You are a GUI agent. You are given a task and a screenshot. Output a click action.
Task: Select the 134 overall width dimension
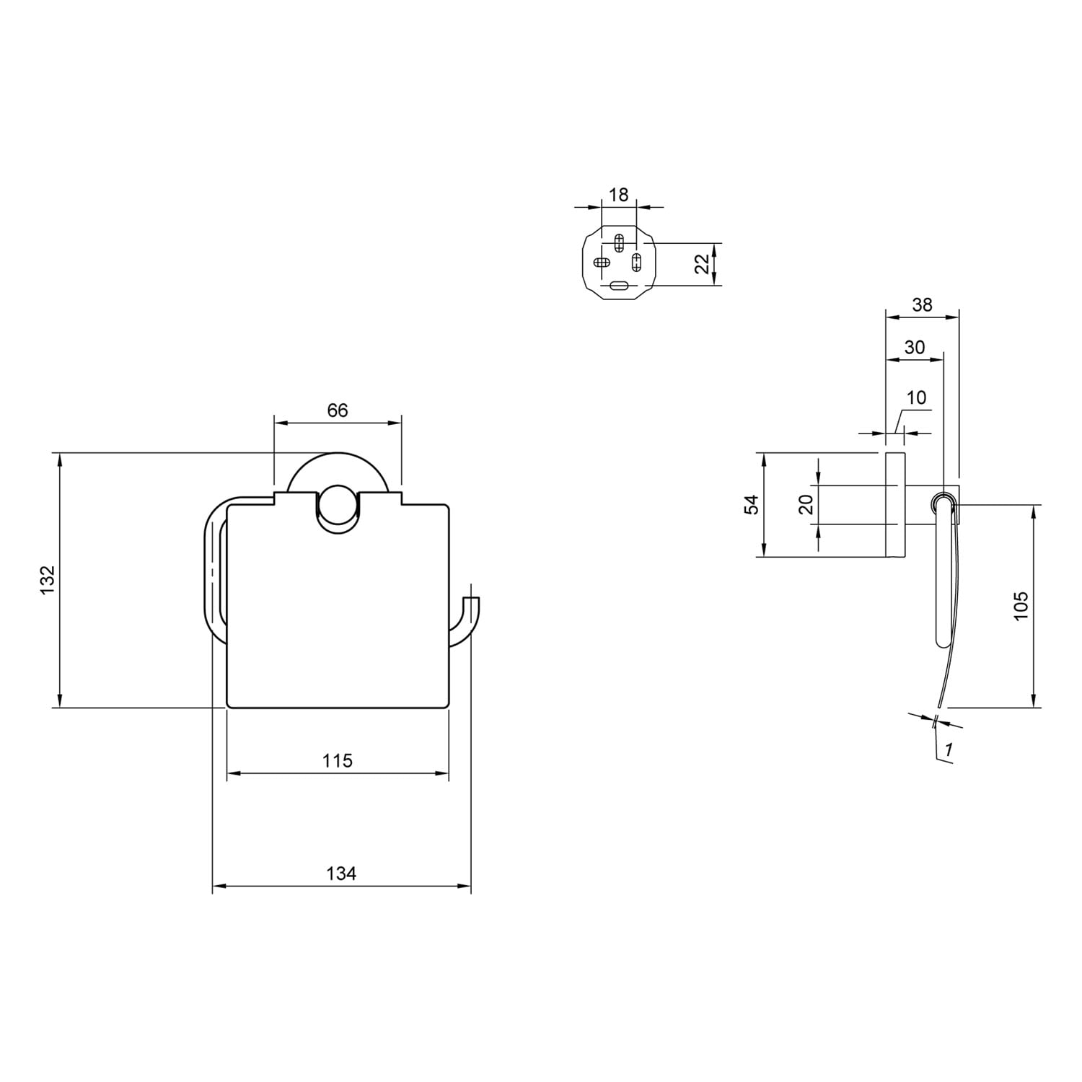click(341, 874)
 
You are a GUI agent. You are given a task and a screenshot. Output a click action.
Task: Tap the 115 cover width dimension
click(338, 760)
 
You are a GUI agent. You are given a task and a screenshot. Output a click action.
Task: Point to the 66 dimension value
click(338, 410)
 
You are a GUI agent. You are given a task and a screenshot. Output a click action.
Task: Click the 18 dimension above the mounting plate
click(619, 195)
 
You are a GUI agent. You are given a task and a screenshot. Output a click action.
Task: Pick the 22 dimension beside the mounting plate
click(702, 264)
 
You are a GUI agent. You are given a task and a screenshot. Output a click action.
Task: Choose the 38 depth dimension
click(922, 304)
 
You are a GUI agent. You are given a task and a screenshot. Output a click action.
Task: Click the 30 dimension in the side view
click(915, 348)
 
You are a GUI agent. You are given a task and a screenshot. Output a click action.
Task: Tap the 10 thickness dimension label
click(916, 397)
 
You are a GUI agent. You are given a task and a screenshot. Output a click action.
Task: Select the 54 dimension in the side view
click(752, 504)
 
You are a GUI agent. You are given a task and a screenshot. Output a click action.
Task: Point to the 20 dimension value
click(806, 503)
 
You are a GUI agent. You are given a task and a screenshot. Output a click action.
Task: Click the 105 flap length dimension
click(1021, 607)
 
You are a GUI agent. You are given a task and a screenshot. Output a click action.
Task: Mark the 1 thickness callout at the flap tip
click(949, 750)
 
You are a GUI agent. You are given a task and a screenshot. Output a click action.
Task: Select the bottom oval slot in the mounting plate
click(619, 286)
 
